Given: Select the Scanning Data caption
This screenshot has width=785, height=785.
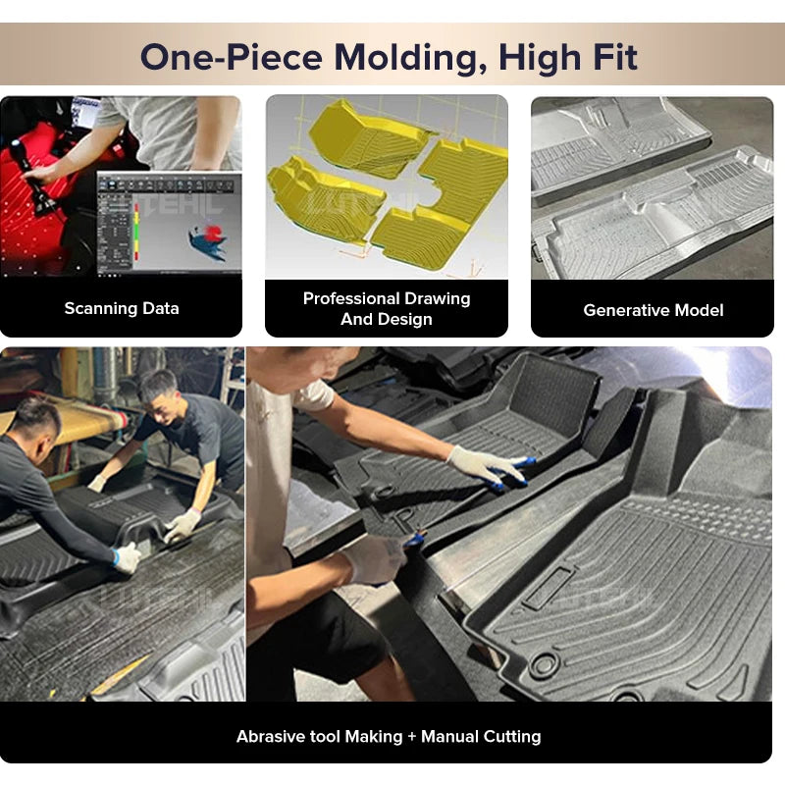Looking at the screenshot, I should pyautogui.click(x=122, y=308).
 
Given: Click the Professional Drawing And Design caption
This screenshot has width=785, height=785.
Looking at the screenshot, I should pyautogui.click(x=387, y=308).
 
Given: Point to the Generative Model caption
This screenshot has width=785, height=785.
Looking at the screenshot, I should pyautogui.click(x=653, y=310).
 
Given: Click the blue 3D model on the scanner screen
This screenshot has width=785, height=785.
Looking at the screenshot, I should pyautogui.click(x=208, y=240).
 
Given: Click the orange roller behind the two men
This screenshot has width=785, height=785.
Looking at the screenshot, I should pyautogui.click(x=78, y=422).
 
